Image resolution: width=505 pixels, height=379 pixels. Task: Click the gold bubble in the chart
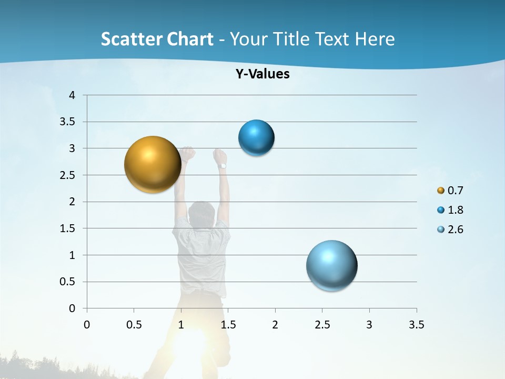click(153, 164)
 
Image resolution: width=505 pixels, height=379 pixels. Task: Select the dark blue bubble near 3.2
click(256, 138)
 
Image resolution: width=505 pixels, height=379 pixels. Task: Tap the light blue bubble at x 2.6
click(331, 265)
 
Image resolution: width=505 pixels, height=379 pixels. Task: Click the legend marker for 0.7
click(441, 191)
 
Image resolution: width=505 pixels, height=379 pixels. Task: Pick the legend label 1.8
click(455, 210)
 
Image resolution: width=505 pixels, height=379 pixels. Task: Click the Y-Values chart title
click(262, 74)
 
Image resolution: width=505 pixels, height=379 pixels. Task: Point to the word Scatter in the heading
click(131, 39)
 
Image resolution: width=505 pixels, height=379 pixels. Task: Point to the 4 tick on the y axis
click(72, 95)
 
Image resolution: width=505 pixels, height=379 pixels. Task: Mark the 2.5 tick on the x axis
click(322, 325)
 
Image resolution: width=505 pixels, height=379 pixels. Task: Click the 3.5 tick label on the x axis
click(416, 325)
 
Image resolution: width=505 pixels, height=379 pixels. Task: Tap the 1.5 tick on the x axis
click(228, 325)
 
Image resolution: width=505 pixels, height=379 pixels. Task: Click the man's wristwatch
click(223, 166)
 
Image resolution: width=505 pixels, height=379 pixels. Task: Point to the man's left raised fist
click(187, 154)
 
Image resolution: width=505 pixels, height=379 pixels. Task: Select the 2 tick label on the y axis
click(72, 202)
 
